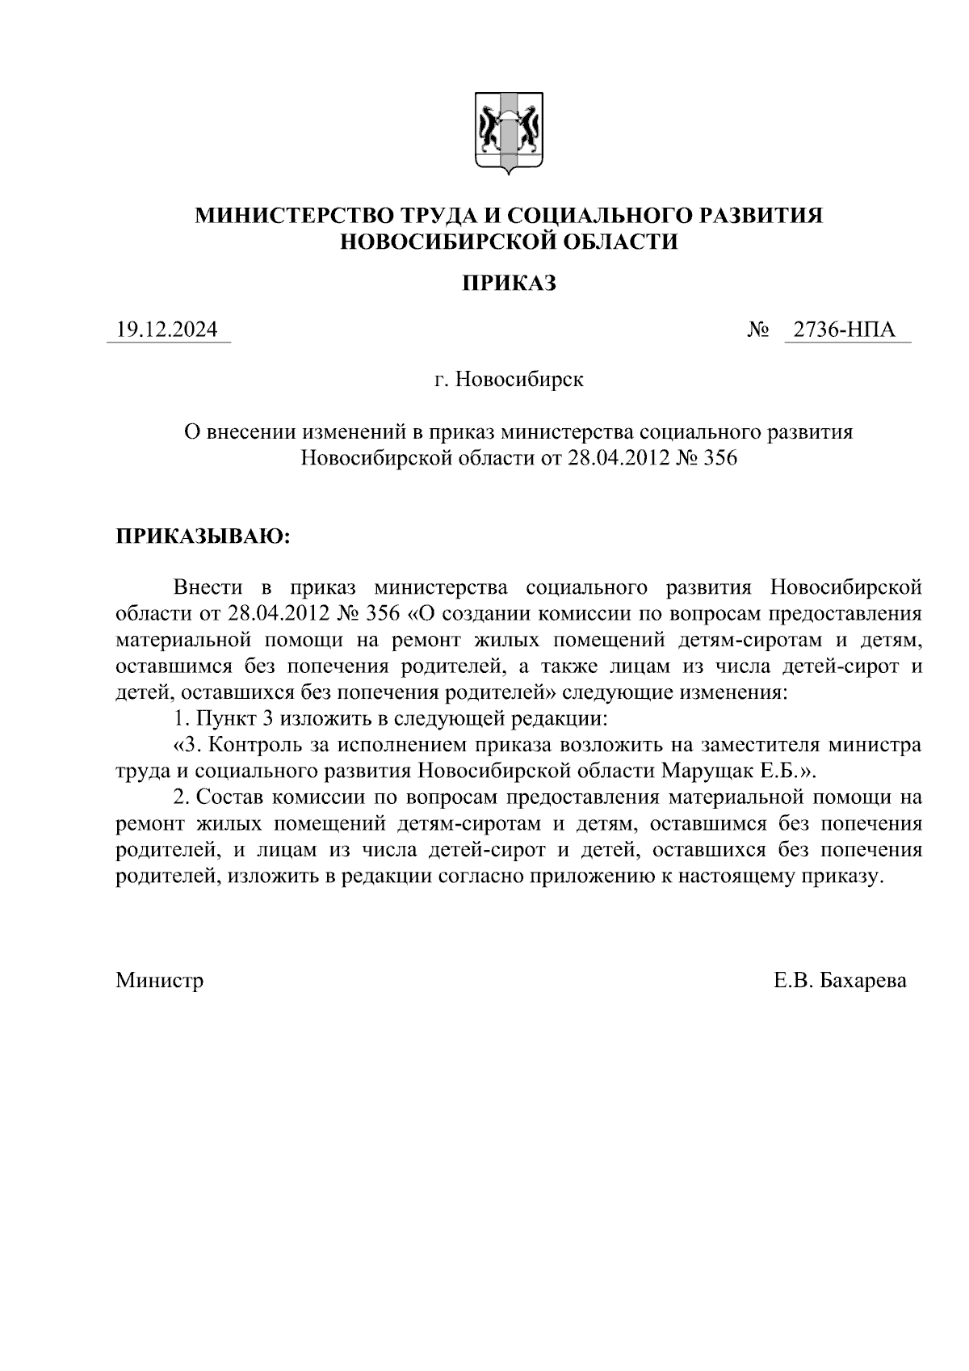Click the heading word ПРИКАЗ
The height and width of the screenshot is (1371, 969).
tap(509, 284)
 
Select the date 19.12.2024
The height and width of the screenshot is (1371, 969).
tap(167, 330)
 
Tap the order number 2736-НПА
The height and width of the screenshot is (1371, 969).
tap(844, 330)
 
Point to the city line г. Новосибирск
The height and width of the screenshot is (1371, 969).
tap(509, 379)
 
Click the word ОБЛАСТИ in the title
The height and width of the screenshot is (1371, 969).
tap(619, 241)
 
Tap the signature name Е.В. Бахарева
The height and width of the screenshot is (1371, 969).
tap(840, 981)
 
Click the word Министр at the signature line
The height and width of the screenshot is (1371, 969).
tap(160, 981)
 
